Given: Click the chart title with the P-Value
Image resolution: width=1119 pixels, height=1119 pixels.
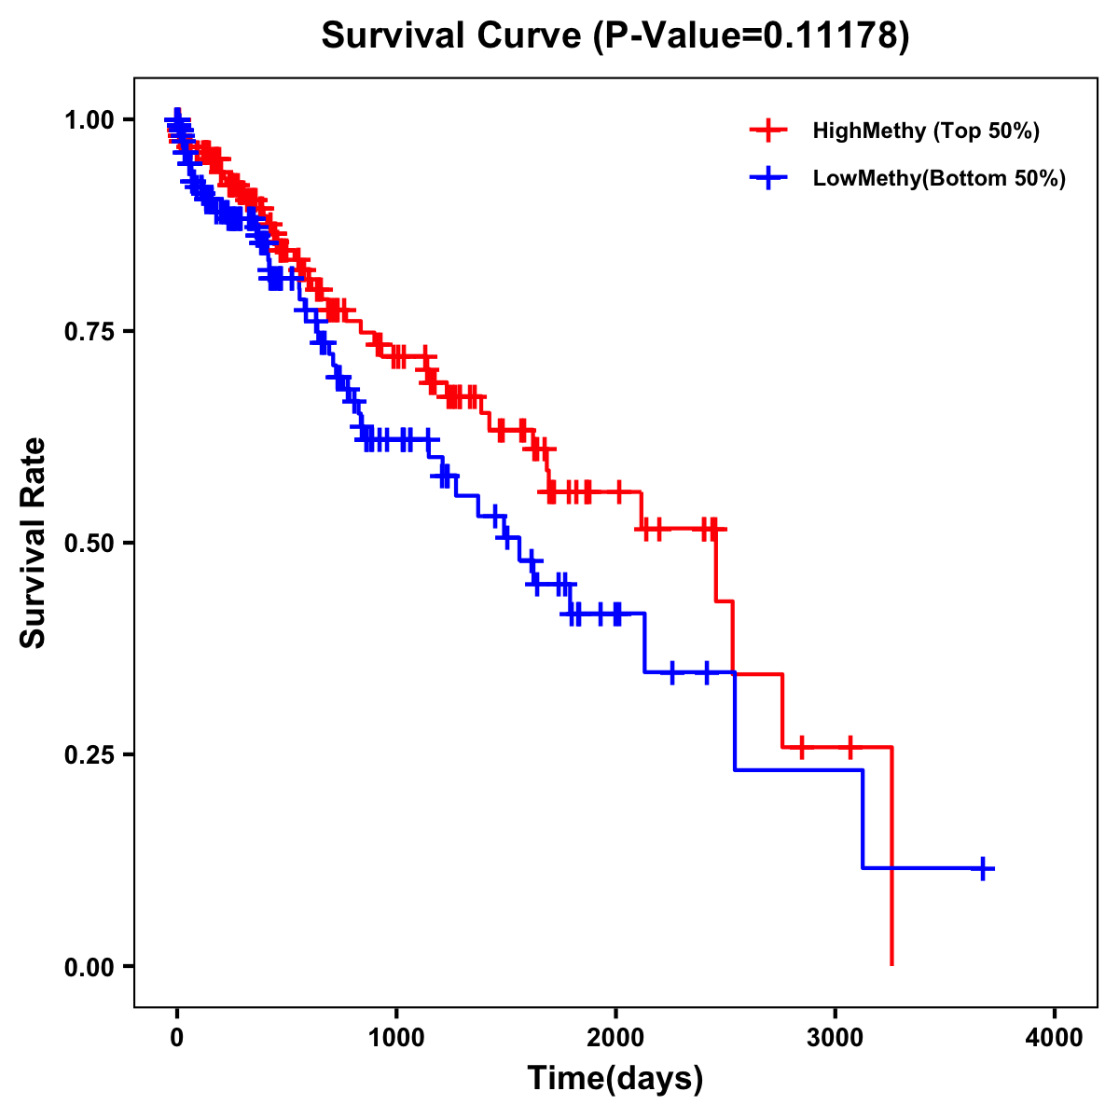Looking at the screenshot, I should pos(615,35).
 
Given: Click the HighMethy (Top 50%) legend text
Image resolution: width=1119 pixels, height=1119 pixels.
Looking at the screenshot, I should pos(925,131).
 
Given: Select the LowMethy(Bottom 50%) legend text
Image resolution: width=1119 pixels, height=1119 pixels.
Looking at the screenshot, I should pos(939,179).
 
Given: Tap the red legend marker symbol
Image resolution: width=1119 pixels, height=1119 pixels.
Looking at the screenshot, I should pos(768,131).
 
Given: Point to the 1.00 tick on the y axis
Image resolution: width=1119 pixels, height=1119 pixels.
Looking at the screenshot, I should pos(90,120).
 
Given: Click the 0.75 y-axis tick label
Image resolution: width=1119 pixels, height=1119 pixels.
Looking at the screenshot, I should pos(90,332).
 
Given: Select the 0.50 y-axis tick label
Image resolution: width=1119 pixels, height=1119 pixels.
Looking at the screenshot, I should pos(90,544).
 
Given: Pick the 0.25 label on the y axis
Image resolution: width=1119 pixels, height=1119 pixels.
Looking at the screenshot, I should pos(90,754).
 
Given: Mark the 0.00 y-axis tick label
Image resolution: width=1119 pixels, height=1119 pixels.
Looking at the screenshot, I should pos(90,966).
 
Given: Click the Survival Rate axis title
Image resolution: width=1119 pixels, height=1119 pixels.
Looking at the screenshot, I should pos(34,543).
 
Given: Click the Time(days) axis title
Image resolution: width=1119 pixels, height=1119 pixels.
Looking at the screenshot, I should pos(615,1079).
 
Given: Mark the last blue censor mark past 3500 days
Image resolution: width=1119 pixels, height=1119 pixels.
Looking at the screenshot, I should pos(982,868).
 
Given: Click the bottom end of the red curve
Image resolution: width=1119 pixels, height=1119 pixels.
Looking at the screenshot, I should pos(892,963).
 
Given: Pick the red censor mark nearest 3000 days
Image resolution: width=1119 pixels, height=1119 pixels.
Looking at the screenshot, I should pos(850,747).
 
